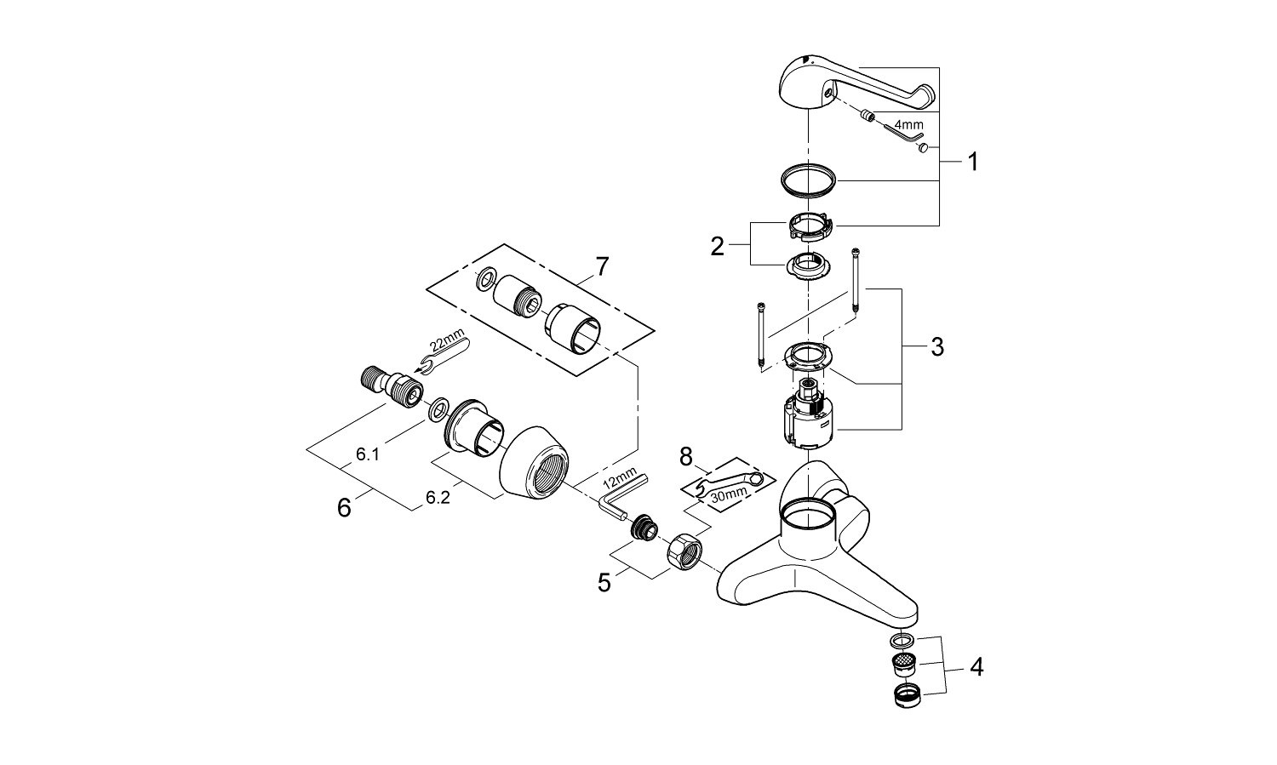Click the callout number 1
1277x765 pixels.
tap(972, 162)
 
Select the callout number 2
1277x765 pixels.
tap(718, 247)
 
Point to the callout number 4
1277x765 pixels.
tap(976, 668)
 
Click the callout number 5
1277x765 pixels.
tap(604, 583)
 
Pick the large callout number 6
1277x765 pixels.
tap(344, 508)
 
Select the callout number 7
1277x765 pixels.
tap(602, 266)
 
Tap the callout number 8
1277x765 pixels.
tap(686, 459)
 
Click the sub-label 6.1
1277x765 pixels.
tap(368, 454)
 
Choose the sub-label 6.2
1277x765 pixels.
tap(438, 499)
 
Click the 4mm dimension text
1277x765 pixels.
tap(908, 124)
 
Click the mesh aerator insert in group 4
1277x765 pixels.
tap(905, 663)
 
